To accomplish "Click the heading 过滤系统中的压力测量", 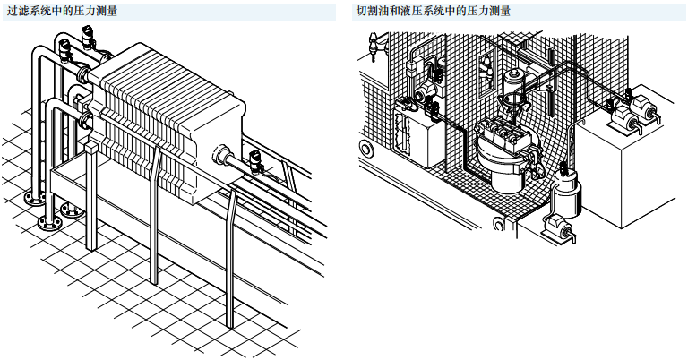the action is click(x=62, y=11).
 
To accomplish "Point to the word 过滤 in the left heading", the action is click(x=18, y=11).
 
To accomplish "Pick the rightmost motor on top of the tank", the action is click(x=644, y=113).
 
